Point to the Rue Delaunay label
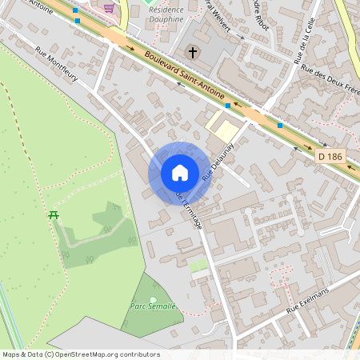(210, 162)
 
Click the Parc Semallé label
(153, 306)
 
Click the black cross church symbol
(192, 53)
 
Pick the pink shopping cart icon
(108, 8)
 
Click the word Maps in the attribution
(10, 354)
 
